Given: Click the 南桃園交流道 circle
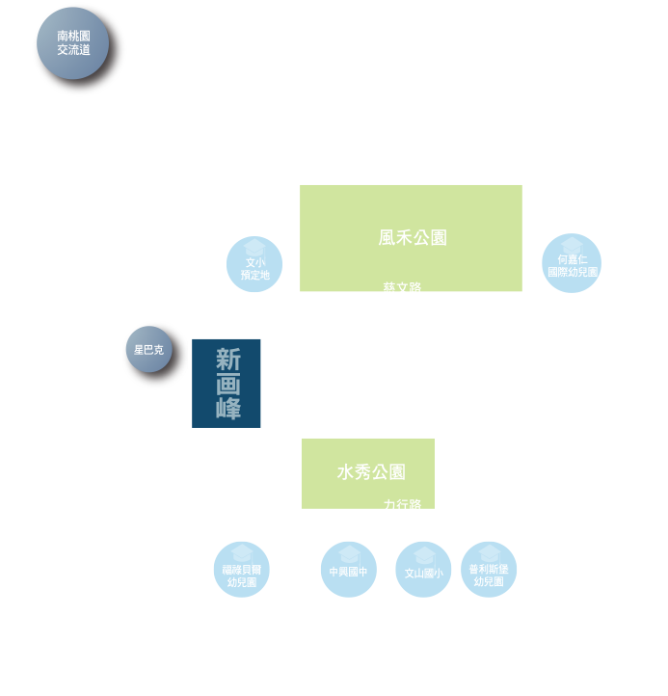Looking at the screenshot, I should [73, 43].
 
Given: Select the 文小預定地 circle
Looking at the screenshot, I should [254, 264].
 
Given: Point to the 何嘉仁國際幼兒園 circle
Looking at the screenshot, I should [572, 263].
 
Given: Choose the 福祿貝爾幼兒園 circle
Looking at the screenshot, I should [241, 570].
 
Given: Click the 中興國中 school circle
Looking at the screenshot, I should [348, 569].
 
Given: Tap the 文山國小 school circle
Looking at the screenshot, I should [423, 569].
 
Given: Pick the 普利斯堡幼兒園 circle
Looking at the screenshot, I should [489, 570].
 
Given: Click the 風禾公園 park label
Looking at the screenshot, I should [413, 237].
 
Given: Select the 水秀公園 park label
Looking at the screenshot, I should [371, 472].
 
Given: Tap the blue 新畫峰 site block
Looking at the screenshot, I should [227, 384].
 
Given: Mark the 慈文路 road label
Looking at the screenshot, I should [402, 288].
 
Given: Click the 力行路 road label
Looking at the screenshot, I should [402, 505].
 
